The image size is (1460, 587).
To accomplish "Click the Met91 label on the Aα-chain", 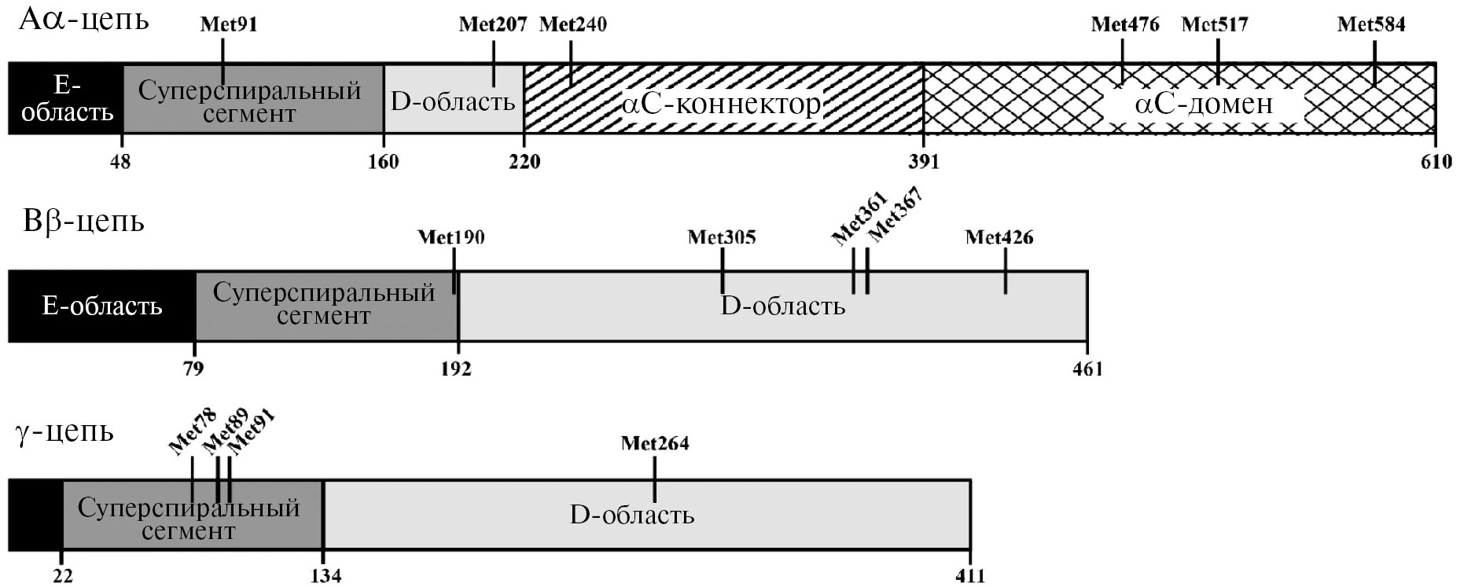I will point(228,24).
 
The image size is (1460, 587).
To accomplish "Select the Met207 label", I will point(492,24).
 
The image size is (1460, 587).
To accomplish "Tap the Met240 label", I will point(572,24).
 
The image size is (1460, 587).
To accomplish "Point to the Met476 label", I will point(1124,24).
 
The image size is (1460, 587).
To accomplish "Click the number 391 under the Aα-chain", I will point(924,162).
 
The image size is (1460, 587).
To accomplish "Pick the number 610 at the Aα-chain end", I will point(1436,162).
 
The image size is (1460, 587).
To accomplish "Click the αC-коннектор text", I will point(721,104).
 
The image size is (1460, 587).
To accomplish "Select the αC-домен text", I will point(1203,104).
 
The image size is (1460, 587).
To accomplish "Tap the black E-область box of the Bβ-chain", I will point(101,306).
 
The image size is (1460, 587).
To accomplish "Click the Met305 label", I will point(721,237).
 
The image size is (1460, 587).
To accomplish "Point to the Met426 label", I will point(998,237).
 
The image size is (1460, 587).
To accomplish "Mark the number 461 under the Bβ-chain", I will point(1087,369).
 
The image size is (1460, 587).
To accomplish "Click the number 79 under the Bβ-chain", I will point(194,369).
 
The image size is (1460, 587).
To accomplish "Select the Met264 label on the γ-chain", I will point(654,443).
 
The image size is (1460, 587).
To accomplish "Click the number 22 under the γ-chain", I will point(62,576).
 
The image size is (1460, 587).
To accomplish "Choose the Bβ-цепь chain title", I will point(83,222).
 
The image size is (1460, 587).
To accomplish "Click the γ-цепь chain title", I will point(64,431).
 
